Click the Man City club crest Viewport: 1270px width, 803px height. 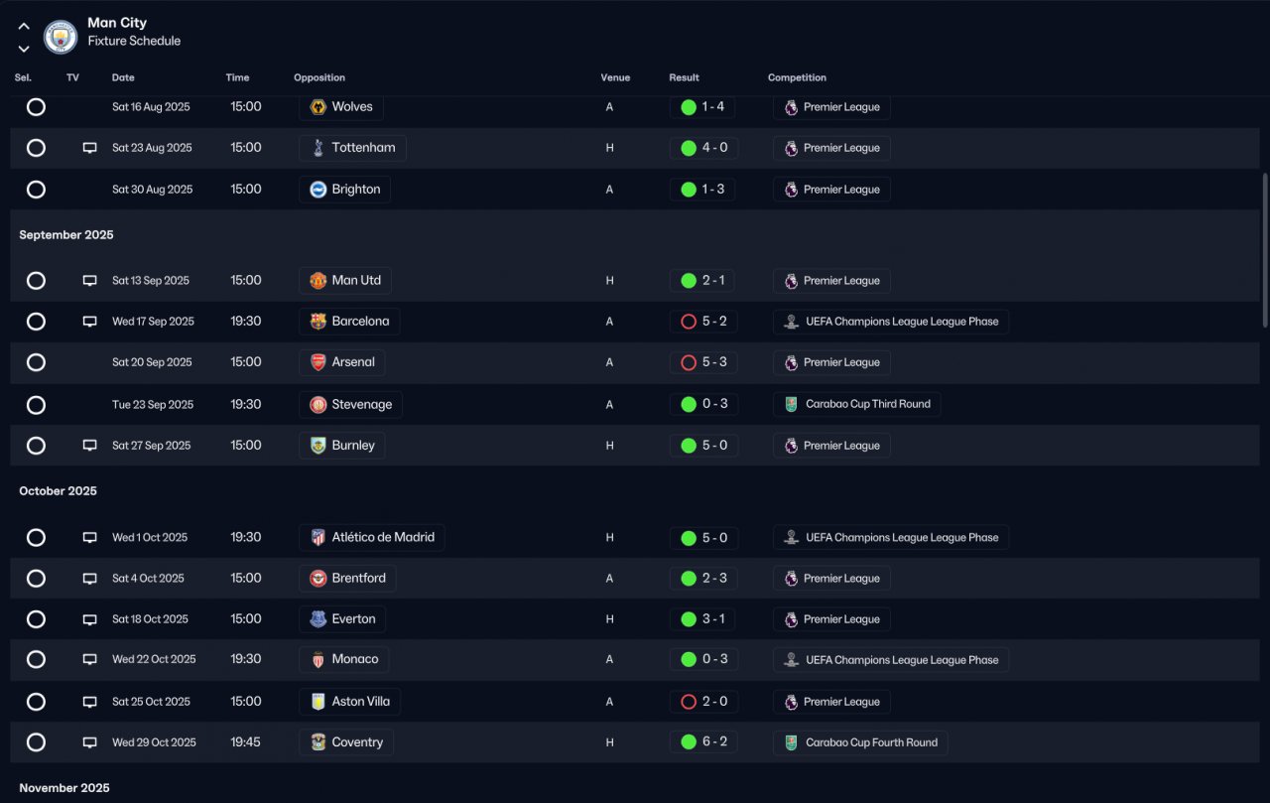tap(61, 38)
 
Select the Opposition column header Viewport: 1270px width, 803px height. tap(319, 77)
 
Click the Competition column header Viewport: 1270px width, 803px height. tap(797, 77)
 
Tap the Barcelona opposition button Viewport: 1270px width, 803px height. tap(349, 322)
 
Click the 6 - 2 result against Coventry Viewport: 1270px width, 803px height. tap(703, 741)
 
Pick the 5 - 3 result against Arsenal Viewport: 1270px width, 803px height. tap(703, 362)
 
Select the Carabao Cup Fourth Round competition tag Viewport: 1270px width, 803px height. tap(860, 742)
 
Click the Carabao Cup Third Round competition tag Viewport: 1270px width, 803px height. tap(857, 404)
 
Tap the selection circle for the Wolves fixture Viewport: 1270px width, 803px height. tap(36, 107)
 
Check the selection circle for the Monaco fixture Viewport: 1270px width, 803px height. tap(36, 659)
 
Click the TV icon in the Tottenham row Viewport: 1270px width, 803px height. tap(90, 148)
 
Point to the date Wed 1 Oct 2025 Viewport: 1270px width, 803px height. tap(150, 538)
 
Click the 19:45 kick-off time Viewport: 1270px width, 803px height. tap(246, 741)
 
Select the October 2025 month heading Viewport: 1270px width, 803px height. tap(59, 491)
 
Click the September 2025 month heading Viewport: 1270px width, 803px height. tap(66, 235)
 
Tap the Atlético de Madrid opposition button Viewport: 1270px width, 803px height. tap(372, 538)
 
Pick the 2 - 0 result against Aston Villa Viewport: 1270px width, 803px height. tap(703, 702)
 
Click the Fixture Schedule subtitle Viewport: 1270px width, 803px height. tap(134, 42)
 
